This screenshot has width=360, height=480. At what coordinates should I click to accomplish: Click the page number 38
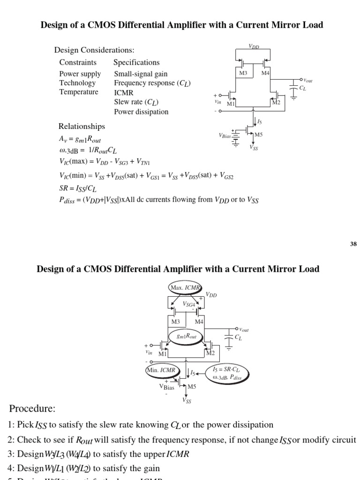coord(353,244)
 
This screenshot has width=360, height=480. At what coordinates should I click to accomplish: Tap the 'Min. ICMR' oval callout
coord(161,370)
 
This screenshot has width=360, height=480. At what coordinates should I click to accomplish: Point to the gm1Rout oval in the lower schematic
coord(186,337)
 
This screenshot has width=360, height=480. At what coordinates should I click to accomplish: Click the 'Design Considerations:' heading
coord(94,50)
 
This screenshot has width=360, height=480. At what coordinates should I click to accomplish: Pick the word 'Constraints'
coord(78,62)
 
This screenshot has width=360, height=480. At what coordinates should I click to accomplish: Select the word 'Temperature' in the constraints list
coord(79,92)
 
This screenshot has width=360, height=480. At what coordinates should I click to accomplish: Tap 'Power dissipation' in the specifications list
coord(141,112)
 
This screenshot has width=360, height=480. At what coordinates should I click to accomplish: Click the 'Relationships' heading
coord(82,127)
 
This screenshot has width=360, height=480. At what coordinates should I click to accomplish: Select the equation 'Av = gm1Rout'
coord(80,140)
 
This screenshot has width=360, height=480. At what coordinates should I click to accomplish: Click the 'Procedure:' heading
coord(31,409)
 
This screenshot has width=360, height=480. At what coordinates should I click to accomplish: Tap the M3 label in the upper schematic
coord(243,73)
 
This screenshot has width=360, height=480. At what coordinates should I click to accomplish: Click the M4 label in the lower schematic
coord(199,322)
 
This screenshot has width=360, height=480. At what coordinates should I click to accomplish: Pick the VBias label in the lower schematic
coord(167,387)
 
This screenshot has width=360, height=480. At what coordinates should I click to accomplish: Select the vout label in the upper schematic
coord(308,81)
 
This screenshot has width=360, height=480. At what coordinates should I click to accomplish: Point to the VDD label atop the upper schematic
coord(254,46)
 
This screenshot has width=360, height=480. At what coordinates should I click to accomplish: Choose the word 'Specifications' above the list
coord(136,62)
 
